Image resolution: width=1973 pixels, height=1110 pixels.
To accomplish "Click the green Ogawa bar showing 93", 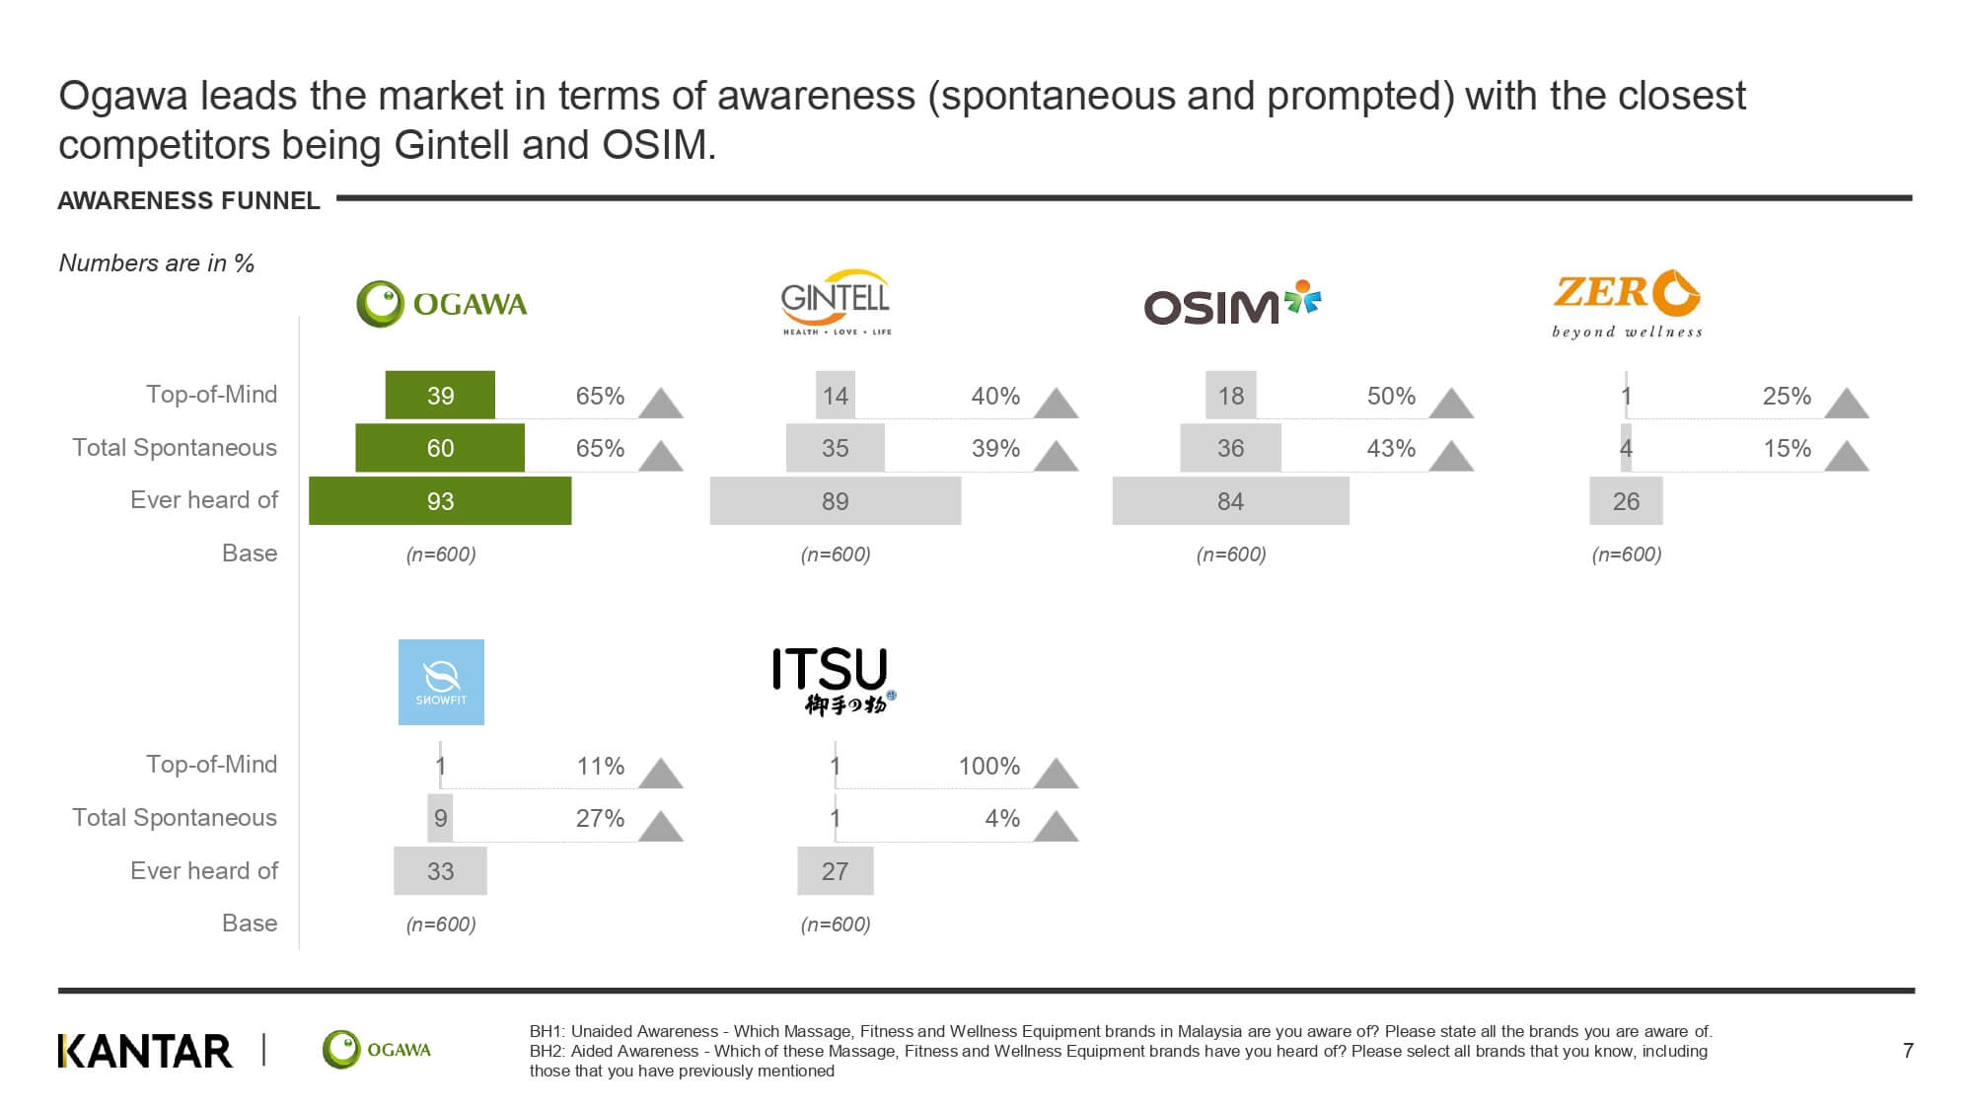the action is pyautogui.click(x=440, y=500).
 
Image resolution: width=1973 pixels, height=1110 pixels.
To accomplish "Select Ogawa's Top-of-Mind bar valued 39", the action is pyautogui.click(x=440, y=395).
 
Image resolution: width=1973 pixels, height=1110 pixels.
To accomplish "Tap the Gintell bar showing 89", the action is pyautogui.click(x=836, y=500).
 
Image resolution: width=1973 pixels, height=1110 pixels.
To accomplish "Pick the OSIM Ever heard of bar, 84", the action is pyautogui.click(x=1231, y=500).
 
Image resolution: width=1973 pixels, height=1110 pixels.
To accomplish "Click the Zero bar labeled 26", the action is pyautogui.click(x=1626, y=500).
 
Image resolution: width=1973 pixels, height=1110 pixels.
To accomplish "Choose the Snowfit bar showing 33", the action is pyautogui.click(x=440, y=870).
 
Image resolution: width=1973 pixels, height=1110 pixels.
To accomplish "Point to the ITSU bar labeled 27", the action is pyautogui.click(x=836, y=870).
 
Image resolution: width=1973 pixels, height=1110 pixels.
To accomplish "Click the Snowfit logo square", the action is pyautogui.click(x=441, y=682).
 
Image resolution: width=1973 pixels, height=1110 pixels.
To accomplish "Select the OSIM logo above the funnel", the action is pyautogui.click(x=1232, y=303).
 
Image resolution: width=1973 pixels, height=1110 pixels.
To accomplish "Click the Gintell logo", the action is pyautogui.click(x=836, y=302).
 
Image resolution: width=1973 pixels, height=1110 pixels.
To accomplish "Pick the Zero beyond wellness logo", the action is pyautogui.click(x=1627, y=304).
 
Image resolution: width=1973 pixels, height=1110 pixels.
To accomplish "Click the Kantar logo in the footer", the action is pyautogui.click(x=146, y=1051).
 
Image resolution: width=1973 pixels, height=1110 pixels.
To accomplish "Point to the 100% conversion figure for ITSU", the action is pyautogui.click(x=989, y=766).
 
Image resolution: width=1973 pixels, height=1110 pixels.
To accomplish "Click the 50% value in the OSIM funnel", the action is pyautogui.click(x=1391, y=396).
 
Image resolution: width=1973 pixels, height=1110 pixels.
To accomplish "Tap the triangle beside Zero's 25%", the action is pyautogui.click(x=1847, y=403).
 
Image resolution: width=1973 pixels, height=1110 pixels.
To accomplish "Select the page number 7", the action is pyautogui.click(x=1908, y=1051).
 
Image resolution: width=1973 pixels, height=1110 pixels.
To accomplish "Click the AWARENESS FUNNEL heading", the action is pyautogui.click(x=189, y=200).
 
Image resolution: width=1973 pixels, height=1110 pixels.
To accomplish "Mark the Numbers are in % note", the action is pyautogui.click(x=157, y=263).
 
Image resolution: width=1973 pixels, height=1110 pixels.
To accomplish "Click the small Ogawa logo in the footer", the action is pyautogui.click(x=377, y=1050).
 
